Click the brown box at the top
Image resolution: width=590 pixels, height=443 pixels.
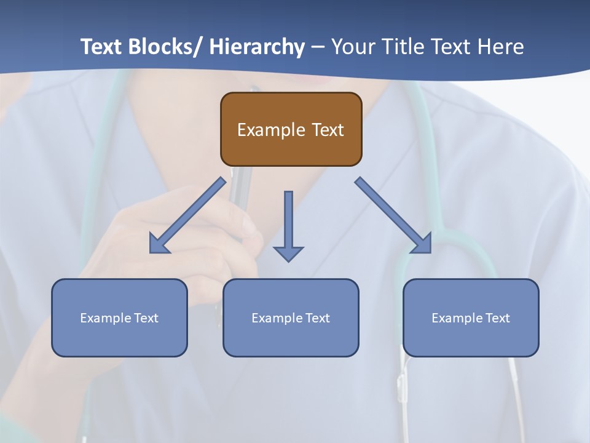click(x=291, y=129)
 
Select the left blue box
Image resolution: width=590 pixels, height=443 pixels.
click(x=119, y=317)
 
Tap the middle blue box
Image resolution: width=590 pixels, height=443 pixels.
click(x=291, y=317)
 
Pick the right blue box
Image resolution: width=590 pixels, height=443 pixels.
click(x=471, y=317)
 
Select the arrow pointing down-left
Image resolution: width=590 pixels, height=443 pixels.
click(x=188, y=215)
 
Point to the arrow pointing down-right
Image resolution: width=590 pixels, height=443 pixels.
click(x=393, y=215)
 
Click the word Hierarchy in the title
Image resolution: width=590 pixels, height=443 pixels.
click(x=256, y=47)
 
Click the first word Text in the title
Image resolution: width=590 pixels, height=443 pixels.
click(x=103, y=47)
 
